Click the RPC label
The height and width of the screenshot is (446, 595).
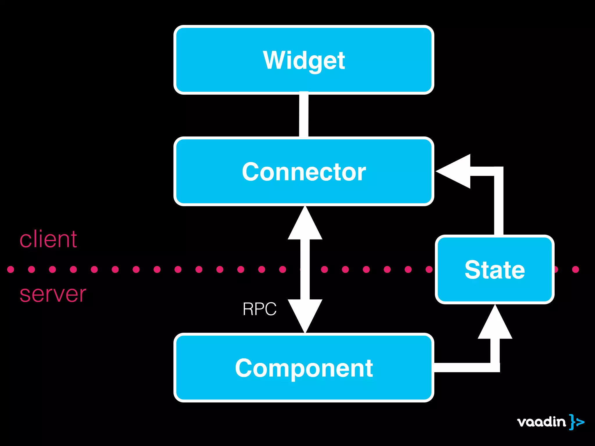[259, 309]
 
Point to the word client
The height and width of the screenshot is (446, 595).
[48, 239]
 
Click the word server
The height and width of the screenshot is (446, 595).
[53, 294]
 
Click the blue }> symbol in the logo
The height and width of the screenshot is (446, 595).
[576, 422]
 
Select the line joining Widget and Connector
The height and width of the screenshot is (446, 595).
[304, 115]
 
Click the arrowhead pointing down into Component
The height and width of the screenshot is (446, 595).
[305, 315]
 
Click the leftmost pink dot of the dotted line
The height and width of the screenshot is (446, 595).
[11, 269]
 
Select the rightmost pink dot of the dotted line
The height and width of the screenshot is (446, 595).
[576, 269]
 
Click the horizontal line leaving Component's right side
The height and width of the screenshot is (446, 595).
[465, 367]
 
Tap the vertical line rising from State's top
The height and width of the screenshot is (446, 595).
[499, 203]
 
